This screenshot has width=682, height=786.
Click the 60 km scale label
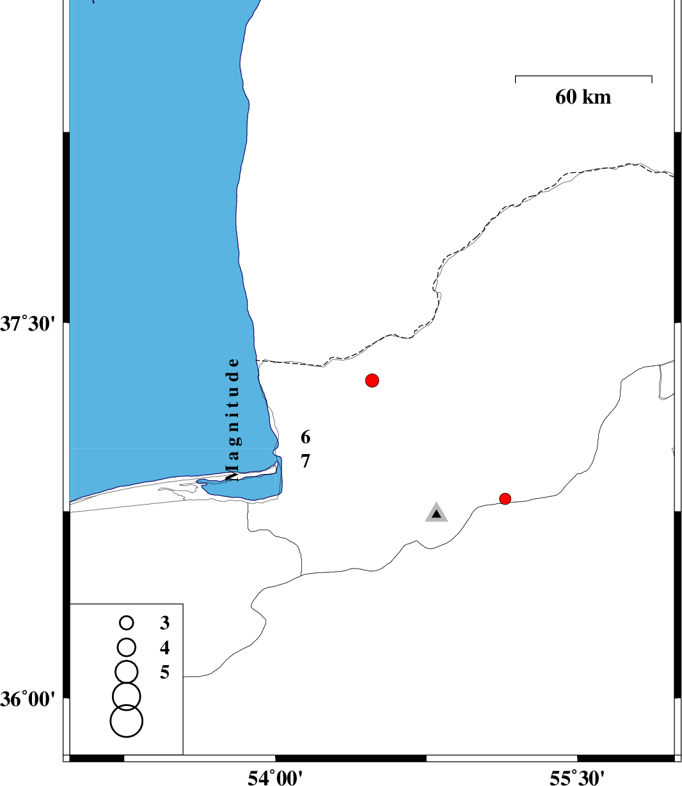tap(582, 97)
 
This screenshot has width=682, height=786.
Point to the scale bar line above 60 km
tap(583, 76)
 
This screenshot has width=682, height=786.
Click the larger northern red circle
tap(372, 381)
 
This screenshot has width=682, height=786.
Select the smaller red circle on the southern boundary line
tap(505, 499)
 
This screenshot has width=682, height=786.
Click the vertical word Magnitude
tap(233, 420)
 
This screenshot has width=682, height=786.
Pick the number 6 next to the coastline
tap(305, 437)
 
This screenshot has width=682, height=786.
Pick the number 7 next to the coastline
tap(305, 461)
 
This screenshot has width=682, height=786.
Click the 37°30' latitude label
tap(26, 324)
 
